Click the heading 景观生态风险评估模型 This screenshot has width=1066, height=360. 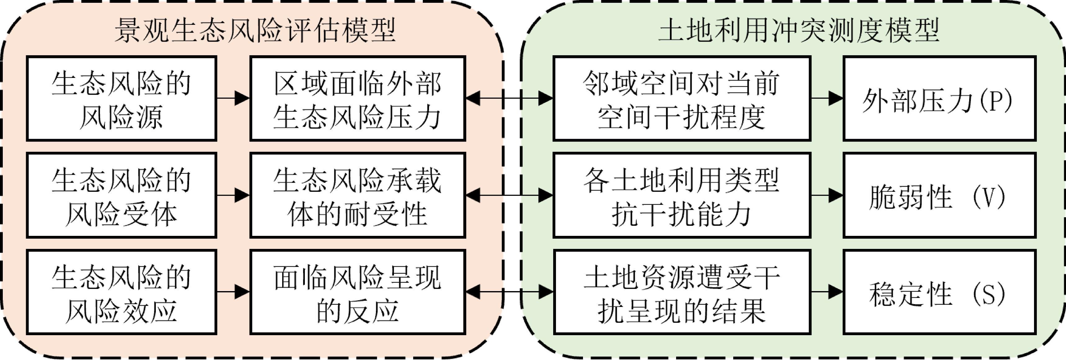pos(255,30)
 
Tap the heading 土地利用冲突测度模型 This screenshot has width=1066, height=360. pos(798,30)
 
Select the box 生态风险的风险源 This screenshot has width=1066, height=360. pos(121,98)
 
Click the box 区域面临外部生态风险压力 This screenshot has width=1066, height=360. pos(358,98)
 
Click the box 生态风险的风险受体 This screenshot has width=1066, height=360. pos(121,195)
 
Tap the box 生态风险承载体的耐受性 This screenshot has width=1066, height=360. pos(358,195)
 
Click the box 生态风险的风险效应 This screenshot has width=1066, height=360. pos(121,292)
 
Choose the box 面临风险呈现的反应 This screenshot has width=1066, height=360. pos(358,292)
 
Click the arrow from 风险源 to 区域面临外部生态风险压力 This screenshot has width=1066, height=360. pos(233,98)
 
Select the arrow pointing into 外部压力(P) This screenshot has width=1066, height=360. pos(827,98)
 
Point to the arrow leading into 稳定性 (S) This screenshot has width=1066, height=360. pos(827,292)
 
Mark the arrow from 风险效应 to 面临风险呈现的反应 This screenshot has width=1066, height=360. pos(233,292)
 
